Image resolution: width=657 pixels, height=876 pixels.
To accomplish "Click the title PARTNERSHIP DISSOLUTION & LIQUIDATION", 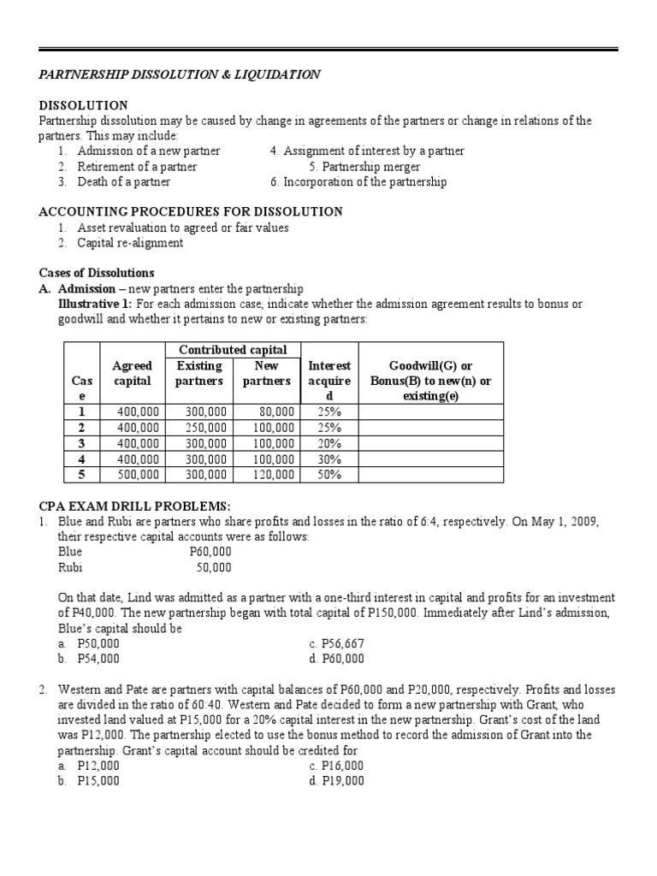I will (180, 74).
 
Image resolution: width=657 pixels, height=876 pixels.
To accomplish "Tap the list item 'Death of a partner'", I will (123, 181).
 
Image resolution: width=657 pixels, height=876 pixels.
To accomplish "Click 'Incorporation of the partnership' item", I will (358, 181).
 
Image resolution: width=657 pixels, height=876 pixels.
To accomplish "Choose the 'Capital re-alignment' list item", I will (130, 243).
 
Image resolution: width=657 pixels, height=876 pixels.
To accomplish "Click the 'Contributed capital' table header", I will (233, 350).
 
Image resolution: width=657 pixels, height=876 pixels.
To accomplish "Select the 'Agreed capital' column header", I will (133, 373).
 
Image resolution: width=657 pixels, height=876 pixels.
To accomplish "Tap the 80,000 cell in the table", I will (275, 411).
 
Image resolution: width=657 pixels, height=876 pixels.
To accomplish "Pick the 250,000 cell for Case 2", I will (206, 427).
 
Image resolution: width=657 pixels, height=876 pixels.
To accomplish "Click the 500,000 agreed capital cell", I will (139, 474).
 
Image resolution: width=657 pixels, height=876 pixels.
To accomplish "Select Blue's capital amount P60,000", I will (210, 552).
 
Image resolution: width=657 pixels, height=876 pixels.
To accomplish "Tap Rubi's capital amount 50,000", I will (214, 566).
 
